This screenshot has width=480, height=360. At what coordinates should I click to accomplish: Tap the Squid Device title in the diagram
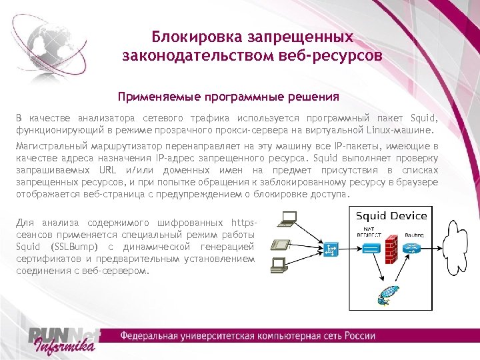[391, 216]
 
